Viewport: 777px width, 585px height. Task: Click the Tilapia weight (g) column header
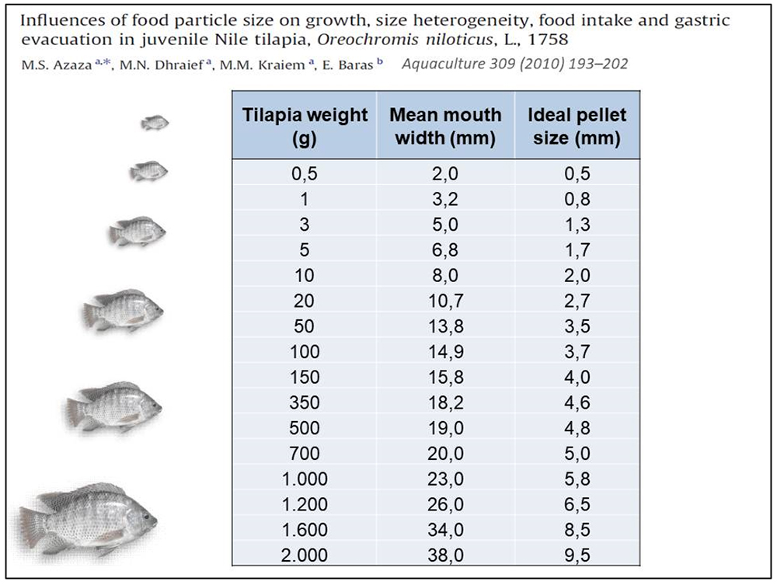coord(305,127)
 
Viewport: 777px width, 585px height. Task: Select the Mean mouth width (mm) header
coord(445,127)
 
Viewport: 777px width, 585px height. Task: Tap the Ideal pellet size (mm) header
coord(577,127)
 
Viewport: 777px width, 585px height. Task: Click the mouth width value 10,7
coord(445,301)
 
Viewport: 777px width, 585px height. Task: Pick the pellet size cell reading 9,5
coord(577,555)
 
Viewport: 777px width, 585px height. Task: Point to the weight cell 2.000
coord(305,555)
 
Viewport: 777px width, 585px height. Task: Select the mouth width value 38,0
coord(445,555)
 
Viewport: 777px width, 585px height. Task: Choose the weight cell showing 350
coord(305,402)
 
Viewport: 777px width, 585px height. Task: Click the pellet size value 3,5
coord(577,326)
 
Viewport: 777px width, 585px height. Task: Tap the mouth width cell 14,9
coord(445,352)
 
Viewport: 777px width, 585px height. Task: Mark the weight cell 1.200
coord(305,504)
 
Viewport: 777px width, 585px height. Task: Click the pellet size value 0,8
coord(577,200)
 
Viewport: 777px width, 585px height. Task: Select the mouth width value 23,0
coord(445,479)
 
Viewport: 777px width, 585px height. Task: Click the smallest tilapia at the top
coord(155,123)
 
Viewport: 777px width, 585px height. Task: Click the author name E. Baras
coord(355,64)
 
